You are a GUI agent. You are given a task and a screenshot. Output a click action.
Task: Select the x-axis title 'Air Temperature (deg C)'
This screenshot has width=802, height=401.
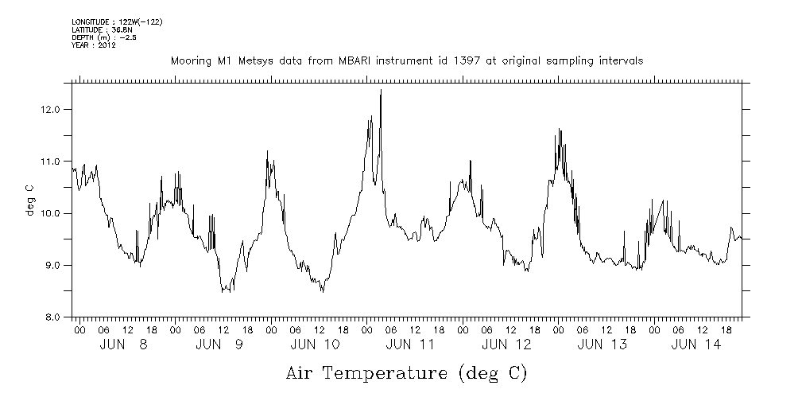coord(406,372)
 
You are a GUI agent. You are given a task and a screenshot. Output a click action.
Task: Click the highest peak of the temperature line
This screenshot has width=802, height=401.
coord(382,91)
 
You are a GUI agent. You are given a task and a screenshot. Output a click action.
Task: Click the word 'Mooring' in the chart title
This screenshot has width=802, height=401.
coord(188,60)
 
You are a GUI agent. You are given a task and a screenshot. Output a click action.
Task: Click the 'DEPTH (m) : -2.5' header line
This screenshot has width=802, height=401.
coord(105,37)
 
